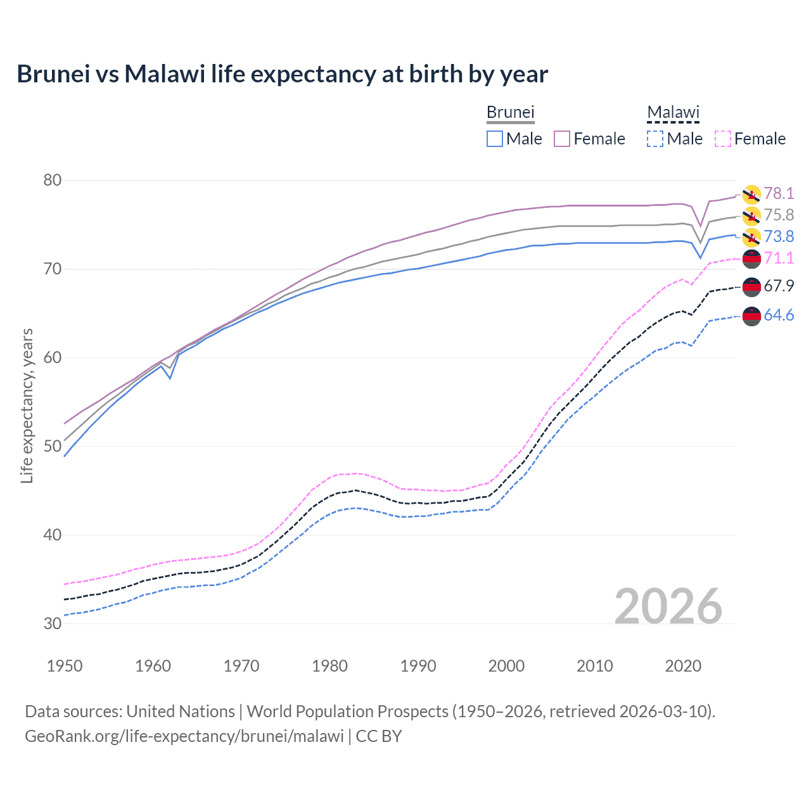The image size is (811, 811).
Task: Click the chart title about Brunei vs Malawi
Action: [x=282, y=74]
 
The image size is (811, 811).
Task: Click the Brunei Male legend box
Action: [x=495, y=139]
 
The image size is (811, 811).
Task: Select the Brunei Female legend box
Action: [x=562, y=139]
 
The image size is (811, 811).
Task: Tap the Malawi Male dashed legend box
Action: [x=655, y=139]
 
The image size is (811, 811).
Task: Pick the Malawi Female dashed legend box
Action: [x=723, y=139]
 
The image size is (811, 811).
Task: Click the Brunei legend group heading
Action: [x=511, y=112]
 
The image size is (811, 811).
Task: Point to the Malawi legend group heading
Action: [x=673, y=112]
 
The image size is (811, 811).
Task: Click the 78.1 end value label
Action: [x=779, y=193]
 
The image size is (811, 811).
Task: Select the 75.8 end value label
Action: [x=779, y=215]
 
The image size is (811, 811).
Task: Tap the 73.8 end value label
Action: [x=779, y=236]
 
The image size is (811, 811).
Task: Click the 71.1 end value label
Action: [x=779, y=258]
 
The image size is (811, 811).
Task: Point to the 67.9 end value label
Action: [x=779, y=286]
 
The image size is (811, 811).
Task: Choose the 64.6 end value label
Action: [x=779, y=315]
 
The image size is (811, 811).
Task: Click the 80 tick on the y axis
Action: [x=53, y=181]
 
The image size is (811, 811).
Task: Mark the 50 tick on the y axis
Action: [x=53, y=446]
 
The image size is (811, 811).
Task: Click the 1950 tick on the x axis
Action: [x=65, y=666]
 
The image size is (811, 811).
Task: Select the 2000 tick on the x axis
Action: [x=506, y=666]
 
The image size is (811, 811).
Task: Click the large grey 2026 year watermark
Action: [x=668, y=606]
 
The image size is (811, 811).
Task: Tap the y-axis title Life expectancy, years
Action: [x=27, y=405]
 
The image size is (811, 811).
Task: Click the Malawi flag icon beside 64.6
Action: [x=751, y=316]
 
